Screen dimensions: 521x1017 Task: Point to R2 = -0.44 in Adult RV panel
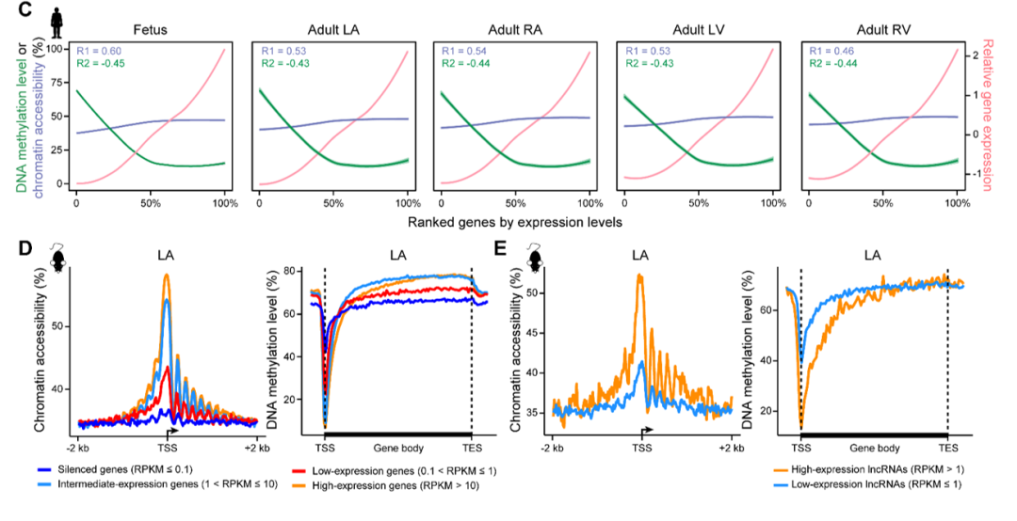click(x=829, y=64)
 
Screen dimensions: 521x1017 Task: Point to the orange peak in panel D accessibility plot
click(x=167, y=276)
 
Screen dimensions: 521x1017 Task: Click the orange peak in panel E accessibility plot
click(x=639, y=275)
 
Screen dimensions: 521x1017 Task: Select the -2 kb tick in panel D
click(x=78, y=447)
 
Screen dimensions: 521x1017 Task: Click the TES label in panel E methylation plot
click(x=947, y=447)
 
